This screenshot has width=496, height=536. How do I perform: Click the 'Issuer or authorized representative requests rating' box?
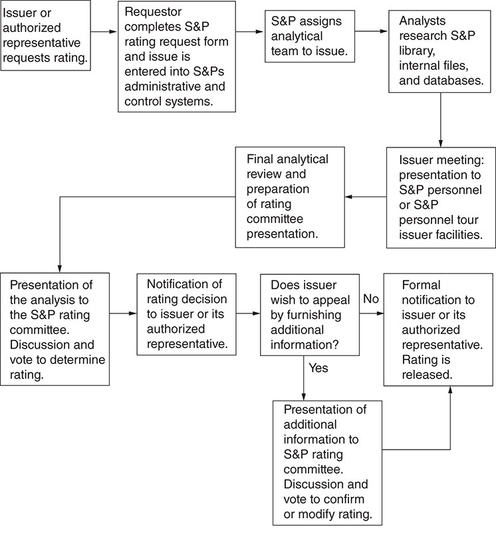coord(45,36)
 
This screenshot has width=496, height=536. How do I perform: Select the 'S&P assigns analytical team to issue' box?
coord(310,37)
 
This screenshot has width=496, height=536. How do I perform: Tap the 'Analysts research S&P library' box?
coord(440,51)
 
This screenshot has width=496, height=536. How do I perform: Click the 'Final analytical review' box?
coord(290,197)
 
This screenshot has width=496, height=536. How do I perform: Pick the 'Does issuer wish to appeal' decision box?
coord(310,315)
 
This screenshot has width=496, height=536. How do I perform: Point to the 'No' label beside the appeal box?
coord(371,299)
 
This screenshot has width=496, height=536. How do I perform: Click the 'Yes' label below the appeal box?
coord(318,368)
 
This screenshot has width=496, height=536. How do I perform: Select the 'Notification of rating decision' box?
coord(187,314)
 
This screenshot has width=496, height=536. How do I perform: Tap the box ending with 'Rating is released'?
coord(439,329)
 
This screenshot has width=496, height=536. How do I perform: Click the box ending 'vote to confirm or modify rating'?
coord(327,463)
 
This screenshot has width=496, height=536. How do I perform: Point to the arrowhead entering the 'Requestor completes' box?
coord(113,32)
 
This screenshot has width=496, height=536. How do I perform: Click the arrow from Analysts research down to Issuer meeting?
coord(441,120)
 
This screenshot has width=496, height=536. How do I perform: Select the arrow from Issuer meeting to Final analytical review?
coord(366,197)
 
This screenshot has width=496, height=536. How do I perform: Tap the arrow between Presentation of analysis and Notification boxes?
coord(123,313)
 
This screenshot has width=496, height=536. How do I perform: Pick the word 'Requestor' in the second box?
coord(153,12)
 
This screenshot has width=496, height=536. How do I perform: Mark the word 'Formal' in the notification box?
coord(421,285)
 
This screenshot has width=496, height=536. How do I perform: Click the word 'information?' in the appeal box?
coord(305,345)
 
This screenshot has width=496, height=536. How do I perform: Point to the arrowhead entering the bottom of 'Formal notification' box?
coord(450,391)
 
